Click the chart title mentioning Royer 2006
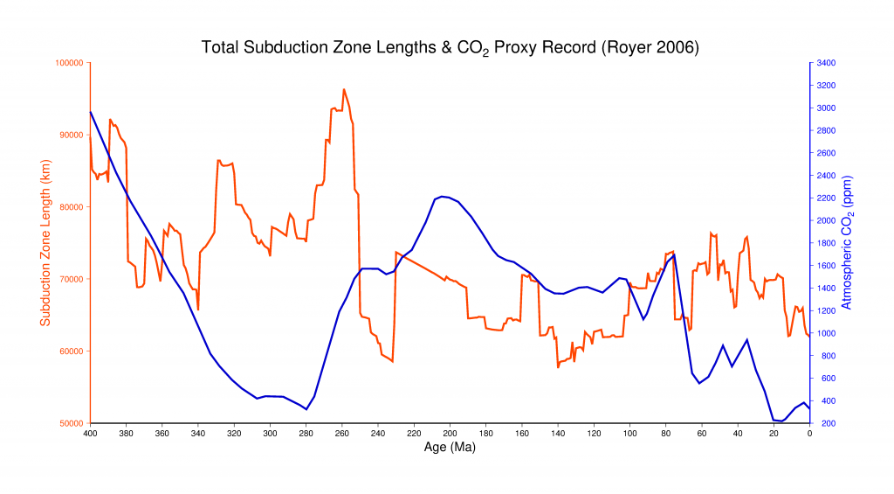tap(450, 47)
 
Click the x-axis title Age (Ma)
tap(450, 446)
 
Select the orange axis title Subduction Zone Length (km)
tap(46, 243)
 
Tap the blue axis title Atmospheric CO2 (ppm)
tap(846, 243)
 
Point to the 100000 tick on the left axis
tap(69, 63)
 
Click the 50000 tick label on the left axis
tap(71, 423)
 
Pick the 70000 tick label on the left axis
tap(71, 279)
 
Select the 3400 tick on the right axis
tap(826, 63)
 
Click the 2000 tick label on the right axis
tap(826, 220)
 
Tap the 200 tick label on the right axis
tap(823, 423)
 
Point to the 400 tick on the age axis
tap(90, 433)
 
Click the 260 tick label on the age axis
tap(341, 433)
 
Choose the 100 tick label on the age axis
tap(629, 433)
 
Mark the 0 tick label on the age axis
tap(809, 433)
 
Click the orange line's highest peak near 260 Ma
tap(343, 89)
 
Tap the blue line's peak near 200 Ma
tap(443, 197)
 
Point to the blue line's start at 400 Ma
tap(90, 111)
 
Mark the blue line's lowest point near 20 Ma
tap(780, 421)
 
